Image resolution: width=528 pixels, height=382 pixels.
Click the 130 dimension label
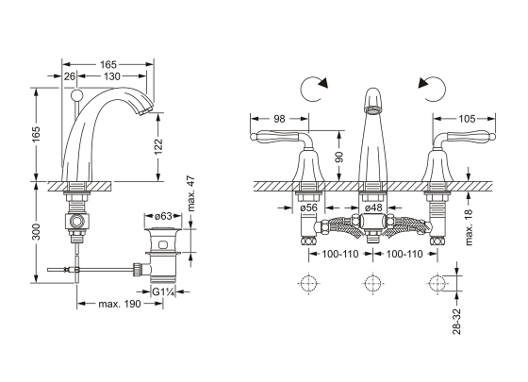112,76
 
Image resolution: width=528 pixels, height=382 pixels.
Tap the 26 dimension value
70,76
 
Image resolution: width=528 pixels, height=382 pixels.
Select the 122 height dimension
158,147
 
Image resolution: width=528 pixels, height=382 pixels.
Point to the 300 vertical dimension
37,232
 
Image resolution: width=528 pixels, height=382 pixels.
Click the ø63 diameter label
163,216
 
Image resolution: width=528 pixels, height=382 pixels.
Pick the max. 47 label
191,193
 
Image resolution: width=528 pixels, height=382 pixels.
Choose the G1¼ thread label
163,291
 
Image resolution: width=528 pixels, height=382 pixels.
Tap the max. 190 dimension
120,304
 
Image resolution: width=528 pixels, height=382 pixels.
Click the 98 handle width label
279,119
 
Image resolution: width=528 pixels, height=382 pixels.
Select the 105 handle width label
467,119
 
